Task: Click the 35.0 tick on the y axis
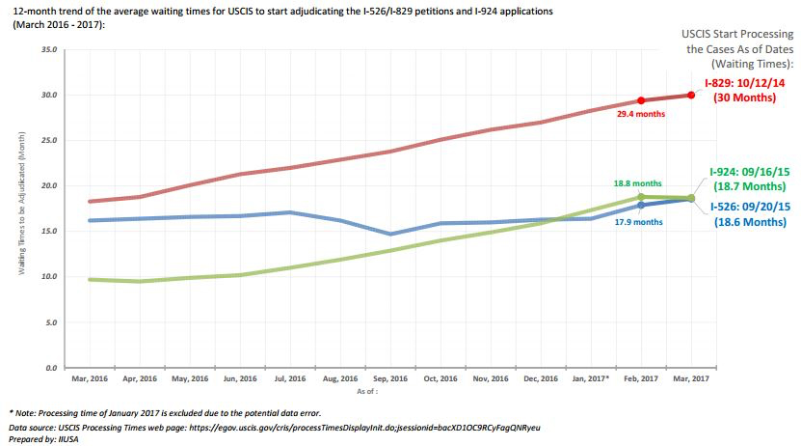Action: [x=49, y=47]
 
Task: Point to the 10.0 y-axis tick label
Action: [x=49, y=277]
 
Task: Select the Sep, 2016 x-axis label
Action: [x=389, y=378]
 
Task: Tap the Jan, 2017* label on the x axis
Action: [x=590, y=378]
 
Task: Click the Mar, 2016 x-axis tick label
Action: [x=89, y=378]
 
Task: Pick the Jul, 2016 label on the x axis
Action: [x=289, y=378]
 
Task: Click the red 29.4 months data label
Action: [x=641, y=114]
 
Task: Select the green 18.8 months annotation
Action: [x=638, y=183]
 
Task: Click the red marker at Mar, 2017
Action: [x=690, y=95]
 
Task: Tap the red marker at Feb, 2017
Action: [x=641, y=100]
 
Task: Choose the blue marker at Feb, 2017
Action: [x=641, y=205]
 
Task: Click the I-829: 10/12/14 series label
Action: [x=743, y=84]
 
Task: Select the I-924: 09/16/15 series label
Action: [x=749, y=171]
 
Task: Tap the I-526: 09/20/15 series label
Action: [x=749, y=207]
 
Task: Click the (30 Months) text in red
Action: [x=746, y=98]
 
